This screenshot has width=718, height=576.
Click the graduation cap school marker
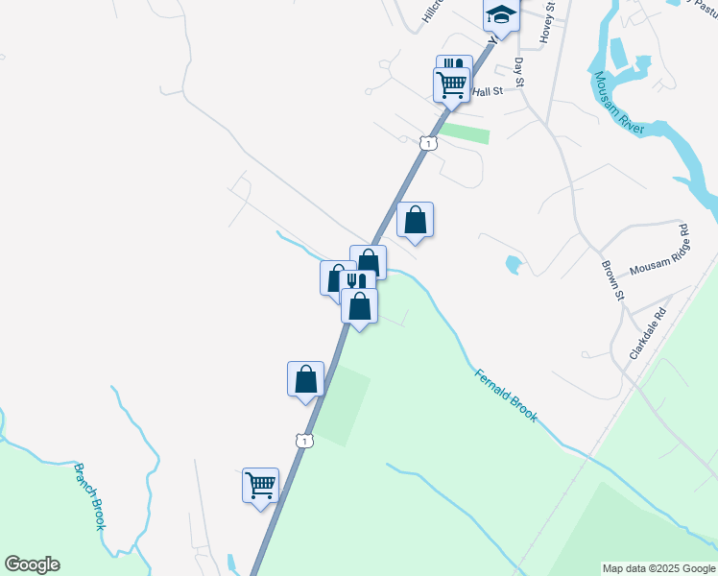tap(500, 13)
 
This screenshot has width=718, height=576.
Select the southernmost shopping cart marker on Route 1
tap(260, 485)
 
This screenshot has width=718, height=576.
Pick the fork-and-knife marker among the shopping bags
tap(357, 282)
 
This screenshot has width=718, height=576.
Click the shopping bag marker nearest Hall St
tap(415, 220)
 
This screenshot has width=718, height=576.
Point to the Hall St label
tap(488, 90)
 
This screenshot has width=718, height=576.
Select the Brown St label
tap(612, 280)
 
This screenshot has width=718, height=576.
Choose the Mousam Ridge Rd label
tap(660, 252)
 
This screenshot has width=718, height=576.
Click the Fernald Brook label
tap(506, 396)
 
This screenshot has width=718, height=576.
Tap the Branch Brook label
tap(90, 496)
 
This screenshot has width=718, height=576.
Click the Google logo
tap(32, 564)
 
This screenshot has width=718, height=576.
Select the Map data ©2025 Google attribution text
tap(658, 568)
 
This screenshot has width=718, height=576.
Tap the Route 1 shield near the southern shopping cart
tap(303, 440)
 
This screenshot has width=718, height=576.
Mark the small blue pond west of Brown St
tap(513, 263)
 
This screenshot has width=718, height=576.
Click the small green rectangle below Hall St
tap(466, 133)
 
